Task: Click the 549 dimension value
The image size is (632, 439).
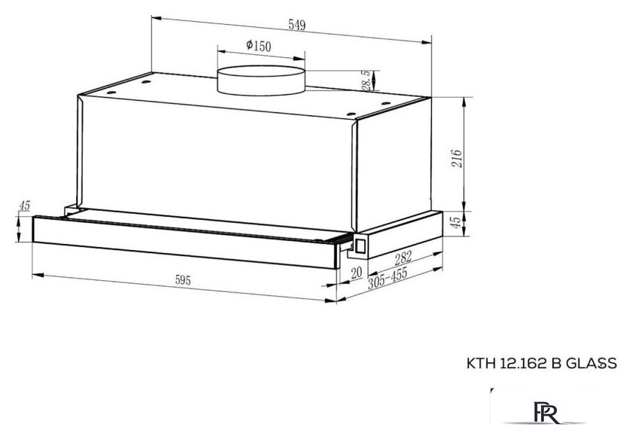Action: (x=297, y=25)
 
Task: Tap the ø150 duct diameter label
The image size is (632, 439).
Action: (x=259, y=46)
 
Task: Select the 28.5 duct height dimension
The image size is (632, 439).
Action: (x=366, y=81)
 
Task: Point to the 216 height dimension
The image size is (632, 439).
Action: (x=456, y=158)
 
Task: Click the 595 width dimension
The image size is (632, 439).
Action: (x=183, y=279)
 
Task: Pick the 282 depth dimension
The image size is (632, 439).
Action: (x=403, y=258)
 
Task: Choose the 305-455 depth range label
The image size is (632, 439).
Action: (x=387, y=278)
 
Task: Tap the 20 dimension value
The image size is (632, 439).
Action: (x=357, y=273)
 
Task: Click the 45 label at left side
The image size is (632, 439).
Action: (x=25, y=206)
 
